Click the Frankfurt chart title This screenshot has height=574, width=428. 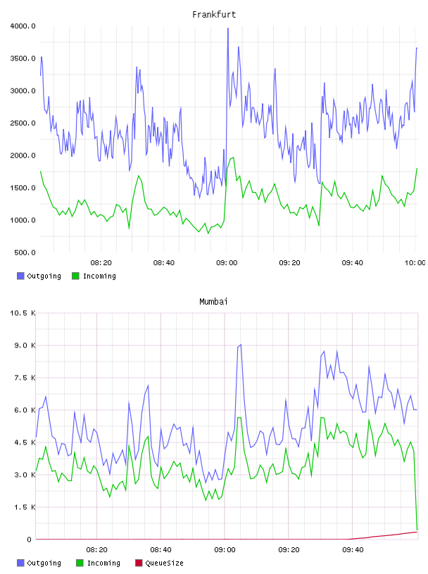pyautogui.click(x=214, y=15)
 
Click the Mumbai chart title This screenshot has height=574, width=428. pyautogui.click(x=213, y=302)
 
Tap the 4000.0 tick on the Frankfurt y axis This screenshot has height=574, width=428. pyautogui.click(x=23, y=26)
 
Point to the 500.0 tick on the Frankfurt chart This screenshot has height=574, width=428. pyautogui.click(x=25, y=253)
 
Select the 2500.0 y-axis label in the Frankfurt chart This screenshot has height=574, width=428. pyautogui.click(x=23, y=123)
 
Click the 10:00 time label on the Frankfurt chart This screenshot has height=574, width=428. pyautogui.click(x=415, y=263)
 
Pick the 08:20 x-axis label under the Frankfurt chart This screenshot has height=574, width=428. pyautogui.click(x=101, y=263)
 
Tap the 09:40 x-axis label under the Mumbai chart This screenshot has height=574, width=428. pyautogui.click(x=353, y=550)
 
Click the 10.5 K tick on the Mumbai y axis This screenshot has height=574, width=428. pyautogui.click(x=23, y=313)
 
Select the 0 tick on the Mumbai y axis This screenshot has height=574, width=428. pyautogui.click(x=29, y=540)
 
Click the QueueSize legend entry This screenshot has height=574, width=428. pyautogui.click(x=159, y=563)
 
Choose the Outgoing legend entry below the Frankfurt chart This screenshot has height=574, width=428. pyautogui.click(x=39, y=276)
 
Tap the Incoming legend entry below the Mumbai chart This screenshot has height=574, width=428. pyautogui.click(x=98, y=563)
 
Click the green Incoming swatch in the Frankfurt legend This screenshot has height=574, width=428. pyautogui.click(x=75, y=276)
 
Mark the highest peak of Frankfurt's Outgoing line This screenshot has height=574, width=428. pyautogui.click(x=228, y=29)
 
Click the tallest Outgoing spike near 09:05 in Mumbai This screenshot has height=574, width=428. pyautogui.click(x=240, y=345)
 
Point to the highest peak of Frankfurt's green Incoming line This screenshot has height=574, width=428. pyautogui.click(x=233, y=158)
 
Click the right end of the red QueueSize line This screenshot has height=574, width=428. pyautogui.click(x=417, y=532)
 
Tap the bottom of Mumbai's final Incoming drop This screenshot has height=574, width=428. pyautogui.click(x=417, y=530)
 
